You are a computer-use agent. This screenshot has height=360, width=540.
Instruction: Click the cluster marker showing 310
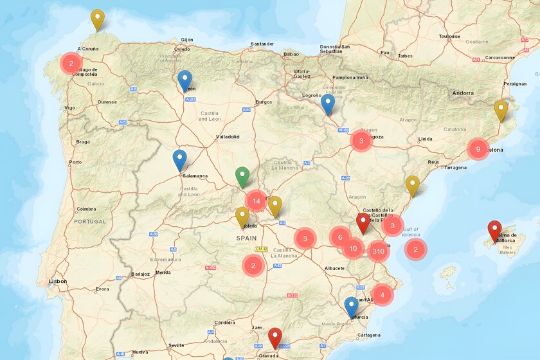tap(379, 251)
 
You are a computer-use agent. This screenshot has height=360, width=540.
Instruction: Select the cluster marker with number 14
tap(256, 201)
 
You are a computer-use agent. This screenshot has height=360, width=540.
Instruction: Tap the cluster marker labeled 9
tap(478, 149)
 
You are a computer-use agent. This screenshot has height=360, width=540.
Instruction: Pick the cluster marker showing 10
tap(353, 249)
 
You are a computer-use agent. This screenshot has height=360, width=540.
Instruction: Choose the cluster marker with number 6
tap(340, 237)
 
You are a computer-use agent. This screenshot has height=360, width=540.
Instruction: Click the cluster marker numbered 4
tap(382, 295)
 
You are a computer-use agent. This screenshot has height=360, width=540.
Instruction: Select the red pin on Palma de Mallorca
tap(494, 230)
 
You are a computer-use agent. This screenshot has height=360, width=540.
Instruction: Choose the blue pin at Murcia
tap(351, 307)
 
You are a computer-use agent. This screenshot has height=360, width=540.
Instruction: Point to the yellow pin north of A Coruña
tap(97, 19)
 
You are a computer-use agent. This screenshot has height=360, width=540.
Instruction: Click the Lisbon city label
tap(57, 281)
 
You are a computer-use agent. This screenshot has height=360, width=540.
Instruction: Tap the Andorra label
tap(463, 93)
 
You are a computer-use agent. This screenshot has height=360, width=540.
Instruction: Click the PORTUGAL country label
tap(89, 221)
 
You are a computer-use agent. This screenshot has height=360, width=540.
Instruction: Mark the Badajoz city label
tap(140, 274)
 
